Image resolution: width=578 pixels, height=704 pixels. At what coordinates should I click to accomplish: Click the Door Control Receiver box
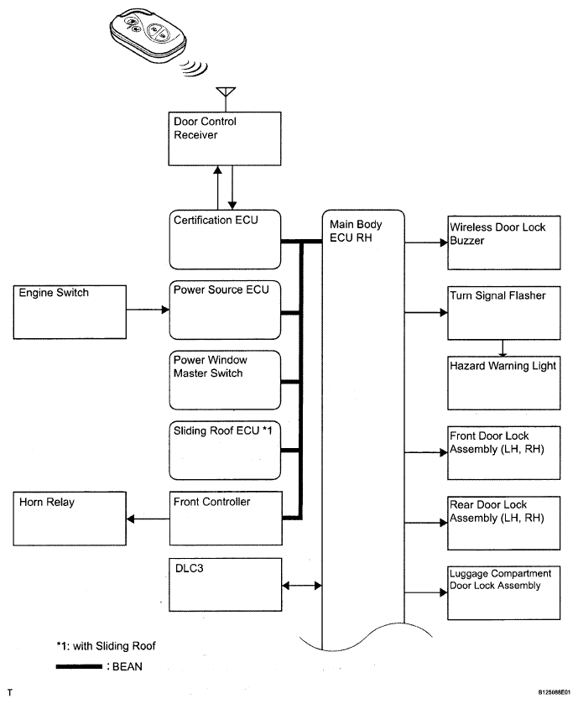point(225,138)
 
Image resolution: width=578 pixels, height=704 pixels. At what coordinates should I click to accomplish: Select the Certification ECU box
point(226,239)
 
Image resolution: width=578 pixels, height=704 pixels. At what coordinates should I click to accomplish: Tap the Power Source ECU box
point(226,310)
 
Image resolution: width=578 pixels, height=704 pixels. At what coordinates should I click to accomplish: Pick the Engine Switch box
point(70,312)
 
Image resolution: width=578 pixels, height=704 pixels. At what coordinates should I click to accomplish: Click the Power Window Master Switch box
point(226,380)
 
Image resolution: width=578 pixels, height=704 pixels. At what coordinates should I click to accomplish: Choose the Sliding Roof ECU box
point(226,451)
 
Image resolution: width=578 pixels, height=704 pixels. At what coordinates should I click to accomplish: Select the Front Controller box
point(226,518)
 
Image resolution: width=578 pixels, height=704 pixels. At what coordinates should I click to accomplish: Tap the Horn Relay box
point(70,519)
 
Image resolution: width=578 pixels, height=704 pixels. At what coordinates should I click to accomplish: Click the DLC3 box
point(226,585)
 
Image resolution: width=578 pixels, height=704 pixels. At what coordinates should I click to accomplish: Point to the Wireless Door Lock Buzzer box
point(504,242)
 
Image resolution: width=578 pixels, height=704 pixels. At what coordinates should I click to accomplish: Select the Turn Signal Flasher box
point(504,313)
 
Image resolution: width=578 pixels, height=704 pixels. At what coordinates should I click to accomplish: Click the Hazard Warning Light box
point(504,383)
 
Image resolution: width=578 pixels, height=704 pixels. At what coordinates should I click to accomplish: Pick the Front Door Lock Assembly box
point(504,453)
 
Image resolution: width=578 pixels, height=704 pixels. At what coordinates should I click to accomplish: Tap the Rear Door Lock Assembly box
point(504,523)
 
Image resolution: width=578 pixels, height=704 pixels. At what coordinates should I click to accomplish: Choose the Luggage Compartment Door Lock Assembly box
point(504,593)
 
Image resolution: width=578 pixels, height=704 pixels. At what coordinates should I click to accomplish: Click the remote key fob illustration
point(148,35)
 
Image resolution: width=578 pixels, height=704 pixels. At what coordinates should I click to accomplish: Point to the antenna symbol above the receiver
point(226,99)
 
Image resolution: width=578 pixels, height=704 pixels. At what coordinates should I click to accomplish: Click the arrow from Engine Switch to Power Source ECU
point(148,310)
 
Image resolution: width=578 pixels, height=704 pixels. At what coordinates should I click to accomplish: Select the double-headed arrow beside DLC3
point(302,586)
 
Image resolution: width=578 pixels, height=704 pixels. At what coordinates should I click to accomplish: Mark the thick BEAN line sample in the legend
point(79,667)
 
